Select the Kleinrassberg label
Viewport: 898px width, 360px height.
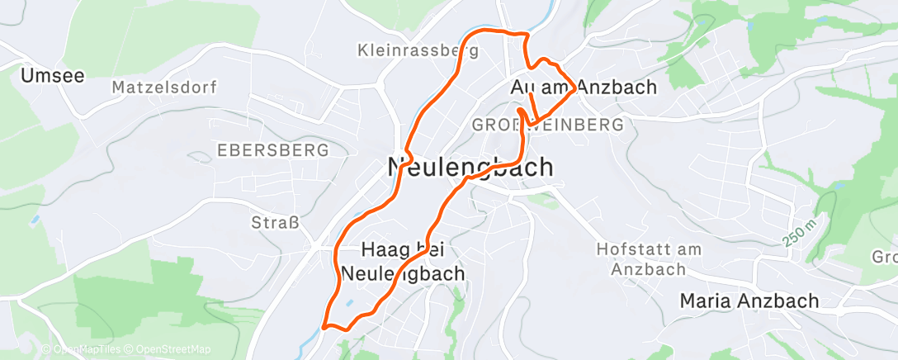418,50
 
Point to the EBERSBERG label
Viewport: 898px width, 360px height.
272,150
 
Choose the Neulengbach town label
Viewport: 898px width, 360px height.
470,167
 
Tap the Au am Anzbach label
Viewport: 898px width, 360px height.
584,87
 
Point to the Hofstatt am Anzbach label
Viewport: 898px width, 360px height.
648,258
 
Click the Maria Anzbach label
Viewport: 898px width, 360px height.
749,301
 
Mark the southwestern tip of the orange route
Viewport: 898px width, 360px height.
325,325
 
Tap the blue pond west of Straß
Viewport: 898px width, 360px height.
35,220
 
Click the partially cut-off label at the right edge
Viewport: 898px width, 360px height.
885,257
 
